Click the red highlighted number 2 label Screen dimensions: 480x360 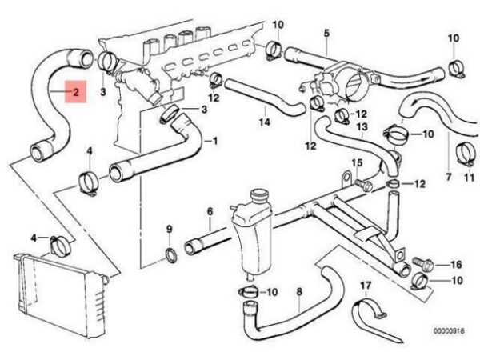click(76, 92)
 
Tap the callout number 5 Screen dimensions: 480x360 click(326, 33)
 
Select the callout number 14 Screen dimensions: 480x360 click(265, 122)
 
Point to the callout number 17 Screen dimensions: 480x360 click(366, 286)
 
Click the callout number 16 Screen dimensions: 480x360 click(456, 265)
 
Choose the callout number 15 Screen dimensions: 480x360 click(357, 162)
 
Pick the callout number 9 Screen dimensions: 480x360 click(170, 229)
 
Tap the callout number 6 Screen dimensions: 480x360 click(210, 211)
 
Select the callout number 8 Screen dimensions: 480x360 click(299, 291)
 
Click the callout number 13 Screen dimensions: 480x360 click(362, 126)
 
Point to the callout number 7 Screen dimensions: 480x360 click(449, 177)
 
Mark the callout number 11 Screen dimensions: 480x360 click(470, 178)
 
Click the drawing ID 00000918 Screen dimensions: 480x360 click(449, 331)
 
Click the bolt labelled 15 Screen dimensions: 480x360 click(364, 185)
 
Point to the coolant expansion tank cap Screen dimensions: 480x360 click(259, 196)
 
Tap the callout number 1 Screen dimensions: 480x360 click(215, 141)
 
